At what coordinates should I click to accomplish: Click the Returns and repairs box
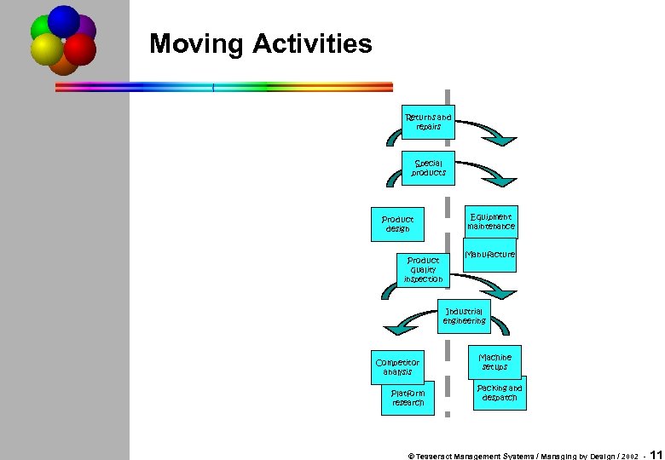coord(429,122)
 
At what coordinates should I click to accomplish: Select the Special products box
coord(429,168)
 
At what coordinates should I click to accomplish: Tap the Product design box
coord(397,224)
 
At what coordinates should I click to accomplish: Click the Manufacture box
coord(490,255)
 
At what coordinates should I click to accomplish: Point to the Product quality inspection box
coord(424,270)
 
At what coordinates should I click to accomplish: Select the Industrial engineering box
coord(464,316)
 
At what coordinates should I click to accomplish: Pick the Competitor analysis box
coord(397,367)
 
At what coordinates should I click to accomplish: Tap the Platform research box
coord(408,398)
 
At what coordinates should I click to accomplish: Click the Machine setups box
coord(494,361)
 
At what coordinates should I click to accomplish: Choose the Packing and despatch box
coord(500,393)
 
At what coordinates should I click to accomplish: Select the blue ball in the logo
coord(64,20)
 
